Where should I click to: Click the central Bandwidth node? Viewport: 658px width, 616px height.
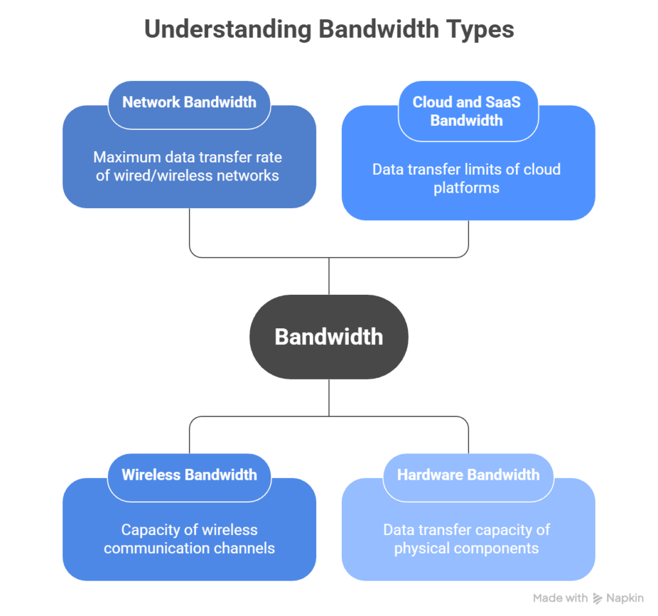(x=328, y=337)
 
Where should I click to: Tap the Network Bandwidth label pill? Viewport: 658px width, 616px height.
(x=189, y=102)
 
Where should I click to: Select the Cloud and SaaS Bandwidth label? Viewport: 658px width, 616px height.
(x=467, y=110)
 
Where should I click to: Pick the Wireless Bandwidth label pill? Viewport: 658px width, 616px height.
(x=189, y=475)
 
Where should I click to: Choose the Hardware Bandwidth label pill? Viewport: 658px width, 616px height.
(x=468, y=475)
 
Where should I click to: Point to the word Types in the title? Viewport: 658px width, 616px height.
(x=481, y=30)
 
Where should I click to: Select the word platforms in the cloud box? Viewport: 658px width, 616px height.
(x=467, y=188)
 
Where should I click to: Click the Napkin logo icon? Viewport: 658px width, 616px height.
(x=598, y=598)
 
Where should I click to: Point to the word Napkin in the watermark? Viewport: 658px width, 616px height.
(x=625, y=598)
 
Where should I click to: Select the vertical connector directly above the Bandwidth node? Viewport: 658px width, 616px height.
(x=328, y=276)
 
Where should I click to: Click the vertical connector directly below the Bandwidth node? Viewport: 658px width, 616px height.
(x=328, y=397)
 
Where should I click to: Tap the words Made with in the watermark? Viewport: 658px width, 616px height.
(x=560, y=598)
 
